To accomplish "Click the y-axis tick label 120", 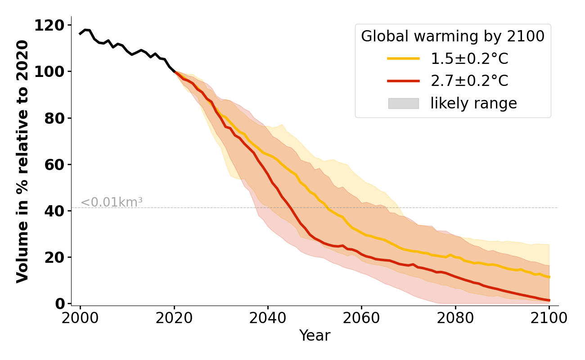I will pos(49,25).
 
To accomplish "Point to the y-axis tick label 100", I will pos(49,72).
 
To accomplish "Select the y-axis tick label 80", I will pos(55,118).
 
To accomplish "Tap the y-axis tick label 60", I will pos(55,164).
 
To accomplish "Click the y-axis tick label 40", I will pos(55,211).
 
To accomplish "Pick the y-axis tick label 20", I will pos(55,257).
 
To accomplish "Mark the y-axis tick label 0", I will pos(60,303).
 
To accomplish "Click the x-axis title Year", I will pos(315,336).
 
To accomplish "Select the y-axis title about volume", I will pos(22,161).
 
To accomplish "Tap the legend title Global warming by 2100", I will pos(453,36).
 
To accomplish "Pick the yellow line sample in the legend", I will pos(403,58).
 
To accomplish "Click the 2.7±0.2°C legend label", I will pos(469,81).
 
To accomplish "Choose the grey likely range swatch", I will pos(403,103).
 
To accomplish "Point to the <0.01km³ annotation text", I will pos(112,202).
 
